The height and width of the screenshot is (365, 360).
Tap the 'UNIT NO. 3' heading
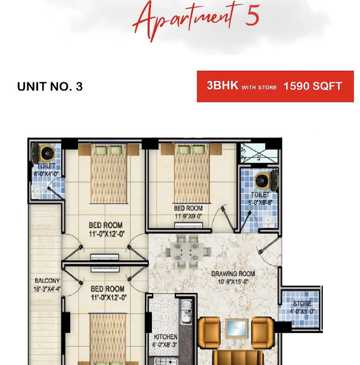[x=50, y=86]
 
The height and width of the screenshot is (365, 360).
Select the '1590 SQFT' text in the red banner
[x=313, y=86]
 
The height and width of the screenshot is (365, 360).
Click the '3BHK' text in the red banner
[x=223, y=86]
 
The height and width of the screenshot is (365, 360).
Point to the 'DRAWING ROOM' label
[x=233, y=274]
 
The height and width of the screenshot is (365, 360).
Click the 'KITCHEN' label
[x=165, y=337]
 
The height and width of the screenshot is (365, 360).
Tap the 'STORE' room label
[x=302, y=304]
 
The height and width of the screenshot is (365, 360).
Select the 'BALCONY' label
[x=47, y=281]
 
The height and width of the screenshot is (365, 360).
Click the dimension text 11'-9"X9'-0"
[x=189, y=216]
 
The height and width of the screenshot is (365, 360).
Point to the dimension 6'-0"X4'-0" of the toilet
[x=46, y=174]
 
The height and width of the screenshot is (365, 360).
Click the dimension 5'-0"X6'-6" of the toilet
[x=260, y=203]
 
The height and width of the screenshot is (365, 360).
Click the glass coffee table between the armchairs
[x=236, y=328]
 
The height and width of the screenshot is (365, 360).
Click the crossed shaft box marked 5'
[x=259, y=153]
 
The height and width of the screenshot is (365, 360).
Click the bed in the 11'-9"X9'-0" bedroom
[x=192, y=173]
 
